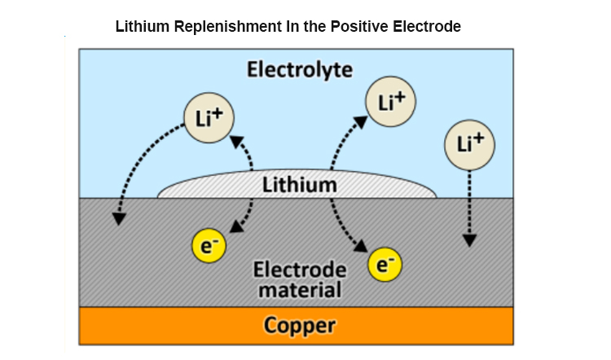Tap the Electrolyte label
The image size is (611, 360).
[x=300, y=69]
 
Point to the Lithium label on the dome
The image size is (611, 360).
[x=299, y=185]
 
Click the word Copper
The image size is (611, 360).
[x=299, y=326]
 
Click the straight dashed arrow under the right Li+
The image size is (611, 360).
[x=470, y=204]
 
